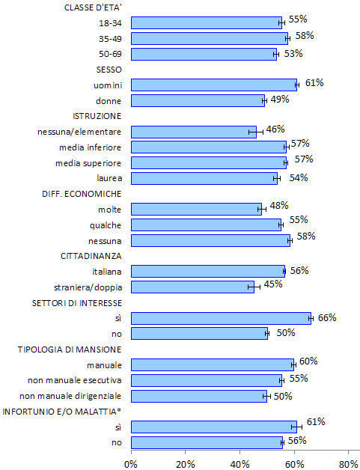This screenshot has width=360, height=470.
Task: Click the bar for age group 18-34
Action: tap(207, 22)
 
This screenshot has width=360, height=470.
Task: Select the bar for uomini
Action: tap(214, 85)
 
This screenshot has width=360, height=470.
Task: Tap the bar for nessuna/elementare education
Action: tap(194, 132)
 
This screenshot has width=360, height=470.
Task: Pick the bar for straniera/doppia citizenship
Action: tap(193, 287)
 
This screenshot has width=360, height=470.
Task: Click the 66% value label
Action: tap(327, 318)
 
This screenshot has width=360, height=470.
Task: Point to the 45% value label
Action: tap(273, 284)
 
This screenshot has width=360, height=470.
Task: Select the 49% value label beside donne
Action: tap(280, 99)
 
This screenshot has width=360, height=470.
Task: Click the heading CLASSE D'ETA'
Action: tap(93, 7)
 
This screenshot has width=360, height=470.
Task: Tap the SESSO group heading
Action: tap(109, 70)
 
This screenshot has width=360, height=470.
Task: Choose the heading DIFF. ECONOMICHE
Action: tap(82, 194)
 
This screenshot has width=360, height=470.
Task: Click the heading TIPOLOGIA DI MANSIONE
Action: tap(70, 350)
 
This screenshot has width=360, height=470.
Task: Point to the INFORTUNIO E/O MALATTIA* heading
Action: tap(62, 412)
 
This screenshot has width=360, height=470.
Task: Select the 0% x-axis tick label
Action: tap(131, 464)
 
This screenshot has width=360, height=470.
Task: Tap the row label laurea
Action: tap(109, 178)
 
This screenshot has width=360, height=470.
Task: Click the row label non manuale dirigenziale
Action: tap(70, 396)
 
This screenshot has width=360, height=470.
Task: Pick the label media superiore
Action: tap(88, 163)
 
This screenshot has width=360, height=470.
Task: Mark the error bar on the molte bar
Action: tap(262, 210)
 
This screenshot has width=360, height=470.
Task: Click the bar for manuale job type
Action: tap(213, 364)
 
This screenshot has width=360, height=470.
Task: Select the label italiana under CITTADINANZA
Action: tap(107, 272)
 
